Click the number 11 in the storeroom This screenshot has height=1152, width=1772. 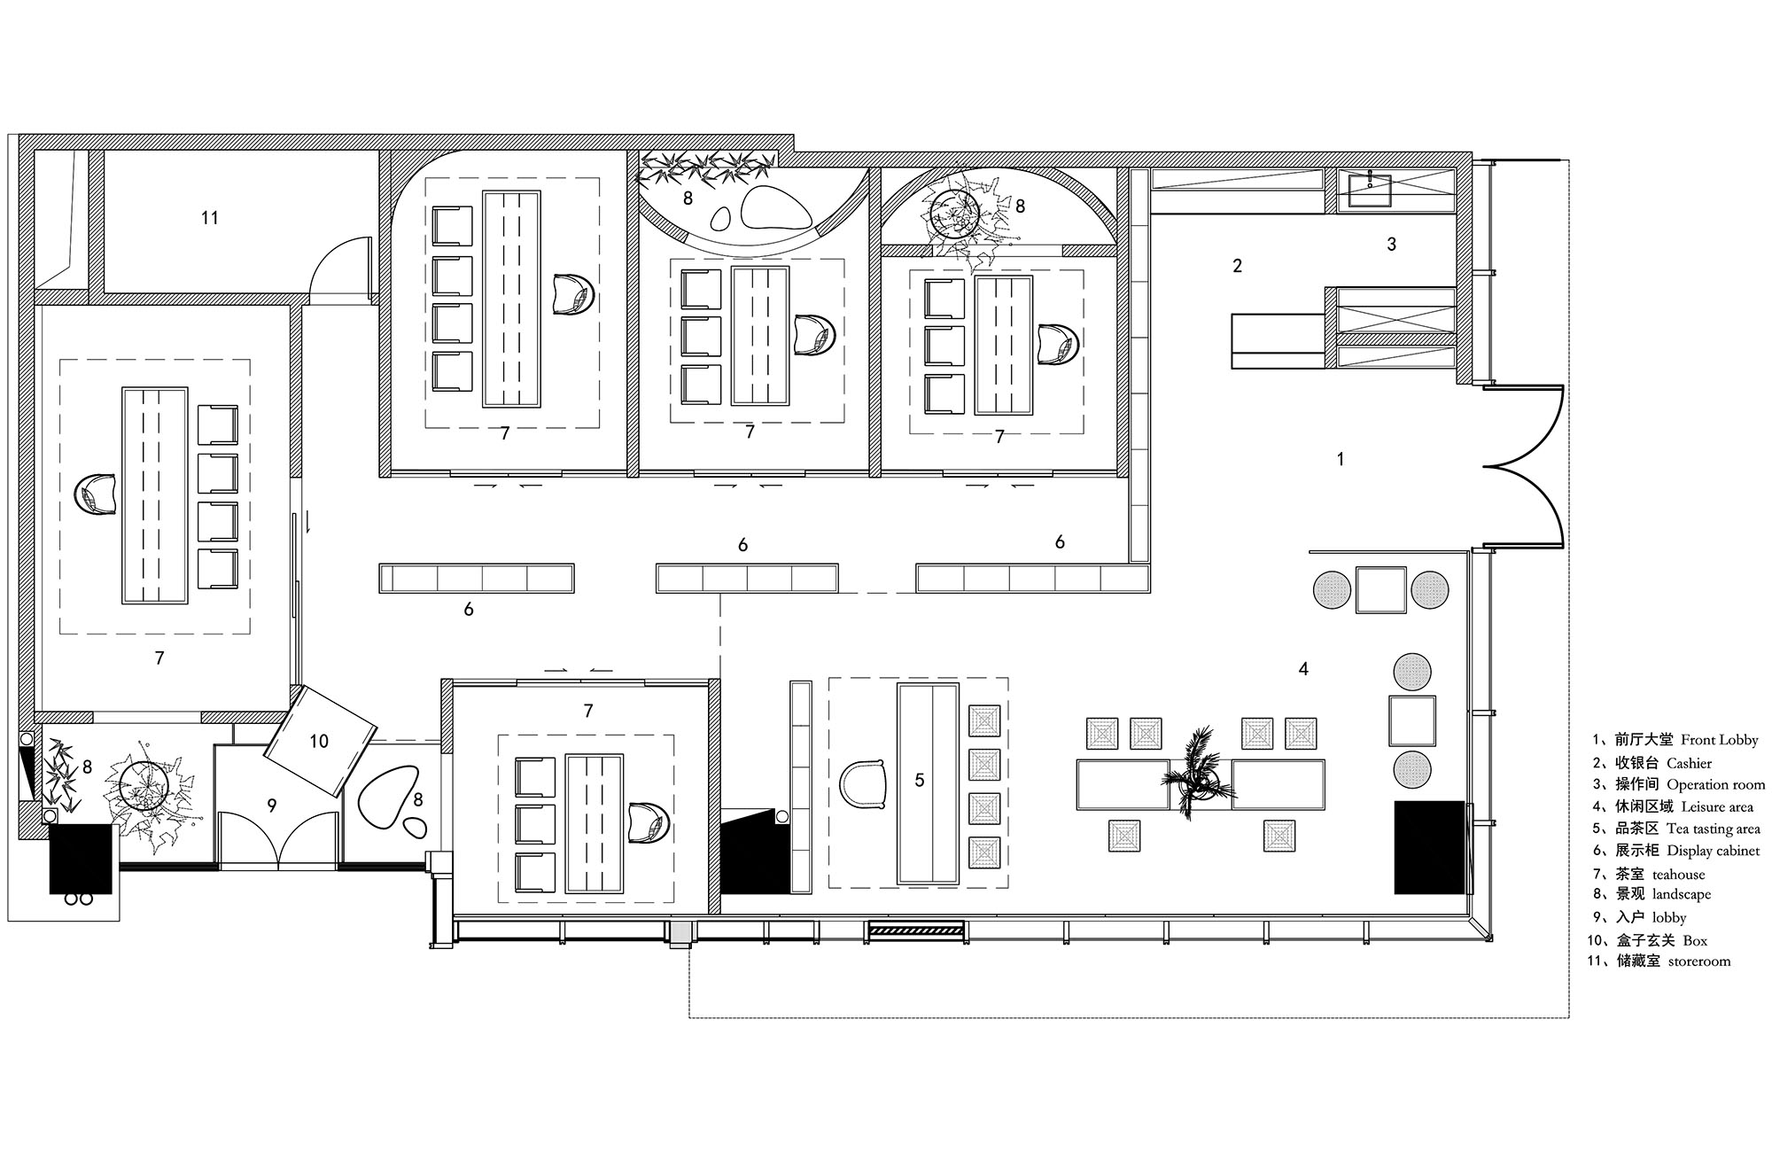point(209,218)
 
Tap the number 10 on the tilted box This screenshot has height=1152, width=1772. point(319,741)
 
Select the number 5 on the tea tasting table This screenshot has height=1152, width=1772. point(920,780)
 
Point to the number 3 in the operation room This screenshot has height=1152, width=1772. point(1391,244)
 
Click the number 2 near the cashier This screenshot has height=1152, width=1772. point(1238,265)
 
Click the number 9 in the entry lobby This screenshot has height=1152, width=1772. point(272,806)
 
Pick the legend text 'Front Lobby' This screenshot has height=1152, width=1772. point(1719,740)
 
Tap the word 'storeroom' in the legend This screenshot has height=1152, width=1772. point(1699,961)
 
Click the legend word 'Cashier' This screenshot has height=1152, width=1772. point(1689,763)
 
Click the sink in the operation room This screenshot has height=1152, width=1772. point(1370,190)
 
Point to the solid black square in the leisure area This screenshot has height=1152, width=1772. point(1430,847)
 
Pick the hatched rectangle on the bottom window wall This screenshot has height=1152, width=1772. point(916,930)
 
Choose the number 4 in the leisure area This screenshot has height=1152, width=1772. point(1303,670)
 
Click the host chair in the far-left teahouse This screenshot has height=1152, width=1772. point(96,494)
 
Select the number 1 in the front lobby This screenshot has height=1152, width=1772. point(1341,459)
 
